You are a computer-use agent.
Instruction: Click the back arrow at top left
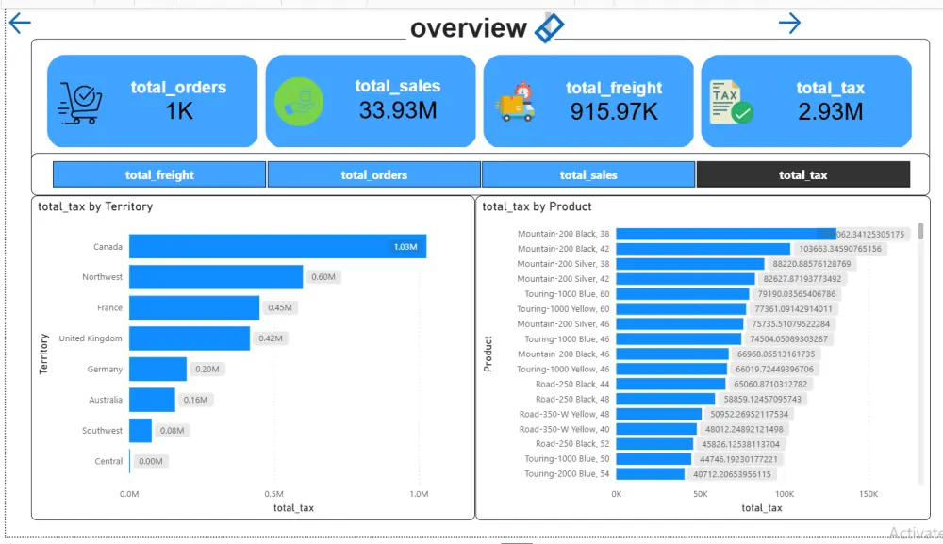tap(19, 24)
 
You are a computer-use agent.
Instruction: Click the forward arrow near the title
tap(789, 24)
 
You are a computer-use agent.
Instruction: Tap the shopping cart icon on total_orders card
tap(80, 103)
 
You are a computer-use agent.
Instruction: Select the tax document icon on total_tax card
tap(731, 102)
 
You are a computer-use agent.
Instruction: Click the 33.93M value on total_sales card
tap(397, 110)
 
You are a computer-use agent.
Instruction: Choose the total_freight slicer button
tap(159, 174)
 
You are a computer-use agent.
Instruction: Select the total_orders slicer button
tap(374, 174)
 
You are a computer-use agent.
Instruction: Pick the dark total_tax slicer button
tap(803, 174)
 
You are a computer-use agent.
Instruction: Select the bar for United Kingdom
tap(190, 338)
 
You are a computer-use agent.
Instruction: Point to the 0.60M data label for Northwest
tap(323, 277)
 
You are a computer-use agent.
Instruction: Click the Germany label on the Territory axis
tap(105, 370)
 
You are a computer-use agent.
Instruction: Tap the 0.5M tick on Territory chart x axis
tap(274, 494)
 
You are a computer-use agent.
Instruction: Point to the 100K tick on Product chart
tap(785, 494)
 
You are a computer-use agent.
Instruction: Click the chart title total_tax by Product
tap(537, 206)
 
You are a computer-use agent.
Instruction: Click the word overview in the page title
tap(469, 28)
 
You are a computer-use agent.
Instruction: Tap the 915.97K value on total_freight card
tap(615, 111)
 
